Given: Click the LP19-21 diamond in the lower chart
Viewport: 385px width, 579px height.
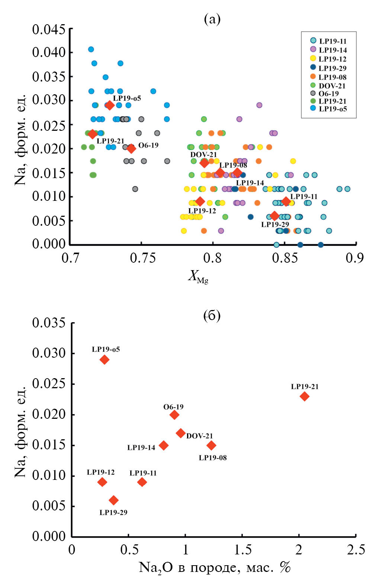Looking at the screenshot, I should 304,396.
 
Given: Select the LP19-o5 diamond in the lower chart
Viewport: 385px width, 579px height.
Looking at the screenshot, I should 105,360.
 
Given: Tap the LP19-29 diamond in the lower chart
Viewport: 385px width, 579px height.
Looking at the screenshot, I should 114,500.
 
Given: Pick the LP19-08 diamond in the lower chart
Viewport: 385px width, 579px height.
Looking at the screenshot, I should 211,445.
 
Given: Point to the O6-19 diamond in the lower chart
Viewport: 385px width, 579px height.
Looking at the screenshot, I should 174,415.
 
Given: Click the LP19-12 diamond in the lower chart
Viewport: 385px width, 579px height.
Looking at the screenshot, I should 102,482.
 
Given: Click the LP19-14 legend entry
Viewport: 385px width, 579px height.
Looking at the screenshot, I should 328,50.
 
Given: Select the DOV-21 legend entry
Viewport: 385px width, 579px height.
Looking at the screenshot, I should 328,86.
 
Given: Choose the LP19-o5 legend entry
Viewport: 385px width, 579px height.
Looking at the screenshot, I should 328,109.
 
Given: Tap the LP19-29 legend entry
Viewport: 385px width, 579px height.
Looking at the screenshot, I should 328,68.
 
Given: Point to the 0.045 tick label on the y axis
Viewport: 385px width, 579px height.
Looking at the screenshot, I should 49,29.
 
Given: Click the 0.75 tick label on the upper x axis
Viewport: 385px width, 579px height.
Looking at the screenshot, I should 141,258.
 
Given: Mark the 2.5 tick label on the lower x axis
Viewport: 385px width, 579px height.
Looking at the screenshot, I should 356,550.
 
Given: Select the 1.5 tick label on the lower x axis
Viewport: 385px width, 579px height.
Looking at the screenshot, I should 242,550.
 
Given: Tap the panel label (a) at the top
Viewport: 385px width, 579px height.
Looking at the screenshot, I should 212,19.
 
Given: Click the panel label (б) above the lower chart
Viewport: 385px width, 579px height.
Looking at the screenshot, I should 212,316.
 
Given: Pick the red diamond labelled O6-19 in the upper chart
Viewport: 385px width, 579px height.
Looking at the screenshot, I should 131,149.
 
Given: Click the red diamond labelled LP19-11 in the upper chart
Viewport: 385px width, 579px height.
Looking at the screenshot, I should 286,201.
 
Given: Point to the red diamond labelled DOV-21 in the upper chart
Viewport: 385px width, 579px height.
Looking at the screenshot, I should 204,163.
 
